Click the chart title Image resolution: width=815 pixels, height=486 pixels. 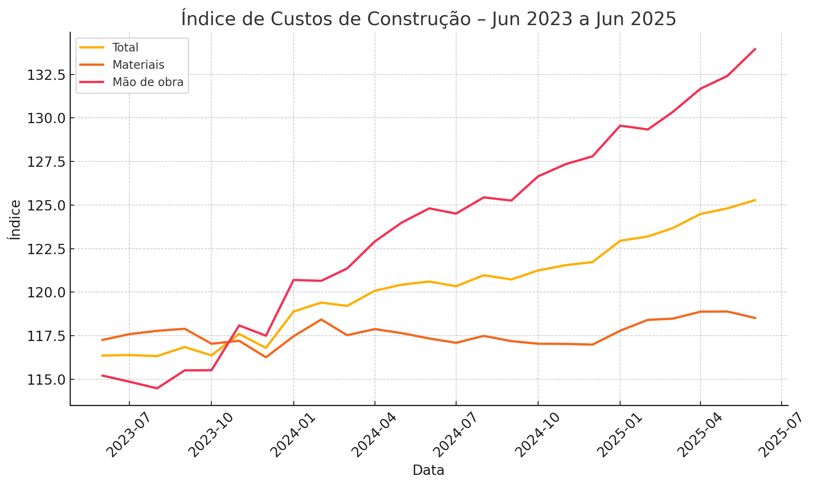point(429,19)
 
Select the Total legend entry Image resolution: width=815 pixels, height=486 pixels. point(125,48)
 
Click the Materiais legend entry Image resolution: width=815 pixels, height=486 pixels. point(138,65)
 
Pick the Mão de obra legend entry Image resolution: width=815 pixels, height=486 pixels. point(148,82)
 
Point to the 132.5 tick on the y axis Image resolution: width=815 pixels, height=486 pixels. point(46,75)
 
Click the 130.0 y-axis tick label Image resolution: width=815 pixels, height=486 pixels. point(46,119)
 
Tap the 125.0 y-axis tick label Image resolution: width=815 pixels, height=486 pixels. point(46,206)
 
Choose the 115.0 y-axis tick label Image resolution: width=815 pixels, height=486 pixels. point(46,380)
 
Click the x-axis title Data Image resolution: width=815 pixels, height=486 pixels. point(429,470)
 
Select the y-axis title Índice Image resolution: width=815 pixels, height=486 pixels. point(15,220)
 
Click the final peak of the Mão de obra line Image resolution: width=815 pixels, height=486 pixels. point(755,49)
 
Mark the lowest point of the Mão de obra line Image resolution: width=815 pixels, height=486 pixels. point(157,388)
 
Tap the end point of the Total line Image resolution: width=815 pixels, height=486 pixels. point(755,200)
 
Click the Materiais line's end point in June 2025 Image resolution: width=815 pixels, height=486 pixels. point(755,318)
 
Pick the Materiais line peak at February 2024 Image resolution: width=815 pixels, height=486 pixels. point(321,319)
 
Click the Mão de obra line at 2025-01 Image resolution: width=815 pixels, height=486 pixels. point(620,126)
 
